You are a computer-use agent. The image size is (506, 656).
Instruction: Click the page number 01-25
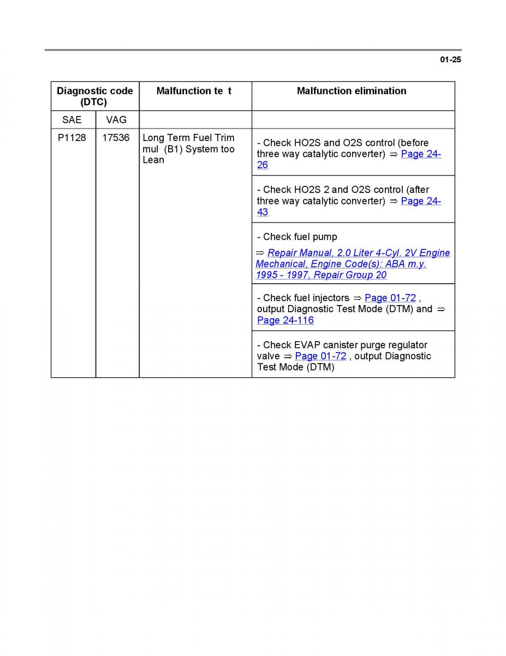coord(450,60)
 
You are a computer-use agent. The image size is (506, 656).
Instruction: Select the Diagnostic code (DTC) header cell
coord(95,96)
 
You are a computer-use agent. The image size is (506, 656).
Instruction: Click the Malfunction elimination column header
coord(352,91)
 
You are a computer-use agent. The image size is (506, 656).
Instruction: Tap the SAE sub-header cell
coord(72,120)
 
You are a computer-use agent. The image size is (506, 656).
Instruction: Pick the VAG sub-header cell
coord(116,120)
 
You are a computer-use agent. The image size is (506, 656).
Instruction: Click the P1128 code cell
coord(72,138)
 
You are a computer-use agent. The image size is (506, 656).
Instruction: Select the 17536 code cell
coord(116,138)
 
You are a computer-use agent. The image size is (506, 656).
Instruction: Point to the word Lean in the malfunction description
coord(153,160)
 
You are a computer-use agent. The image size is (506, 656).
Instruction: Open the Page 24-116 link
coord(285,320)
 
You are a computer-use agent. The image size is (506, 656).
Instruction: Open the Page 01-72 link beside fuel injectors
coord(390,298)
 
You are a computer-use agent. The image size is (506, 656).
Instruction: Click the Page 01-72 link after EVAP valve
coord(320,356)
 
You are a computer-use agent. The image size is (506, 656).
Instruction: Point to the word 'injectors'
coord(331,298)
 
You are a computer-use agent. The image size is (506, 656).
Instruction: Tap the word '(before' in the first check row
coord(413,143)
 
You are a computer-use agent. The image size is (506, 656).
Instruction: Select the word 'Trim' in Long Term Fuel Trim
coord(224,138)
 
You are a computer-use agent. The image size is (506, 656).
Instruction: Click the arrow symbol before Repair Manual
coord(260,253)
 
